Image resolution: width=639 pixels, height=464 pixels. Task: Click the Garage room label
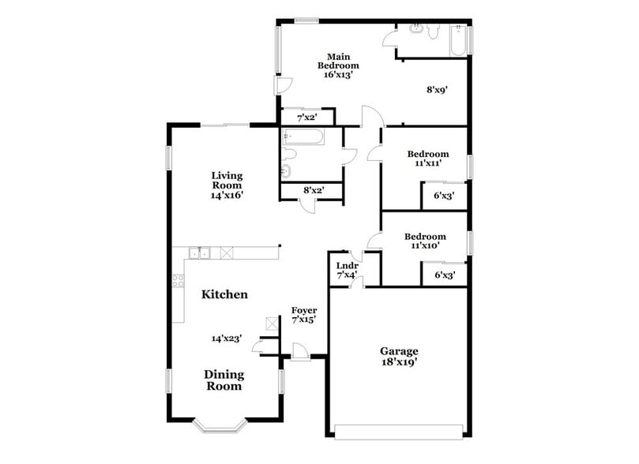(x=399, y=351)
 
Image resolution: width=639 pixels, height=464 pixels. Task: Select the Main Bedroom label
(x=344, y=61)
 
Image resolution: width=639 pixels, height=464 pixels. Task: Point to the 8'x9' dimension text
(x=438, y=90)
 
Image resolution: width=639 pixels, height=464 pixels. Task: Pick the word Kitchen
(x=224, y=294)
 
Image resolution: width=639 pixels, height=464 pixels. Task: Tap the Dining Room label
(x=224, y=380)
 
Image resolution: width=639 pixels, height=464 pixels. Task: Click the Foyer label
(x=304, y=310)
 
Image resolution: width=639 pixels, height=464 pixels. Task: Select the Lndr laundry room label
(x=348, y=266)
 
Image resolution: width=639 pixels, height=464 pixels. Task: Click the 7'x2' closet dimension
(x=307, y=117)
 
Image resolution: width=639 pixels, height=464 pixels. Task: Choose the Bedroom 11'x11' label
(x=427, y=159)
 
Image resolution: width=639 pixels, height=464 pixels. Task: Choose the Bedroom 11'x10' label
(x=425, y=241)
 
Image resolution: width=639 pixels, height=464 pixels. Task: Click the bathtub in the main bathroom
(x=458, y=41)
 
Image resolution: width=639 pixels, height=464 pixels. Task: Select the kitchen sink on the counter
(x=198, y=253)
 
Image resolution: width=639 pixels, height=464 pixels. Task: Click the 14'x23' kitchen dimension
(x=226, y=338)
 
